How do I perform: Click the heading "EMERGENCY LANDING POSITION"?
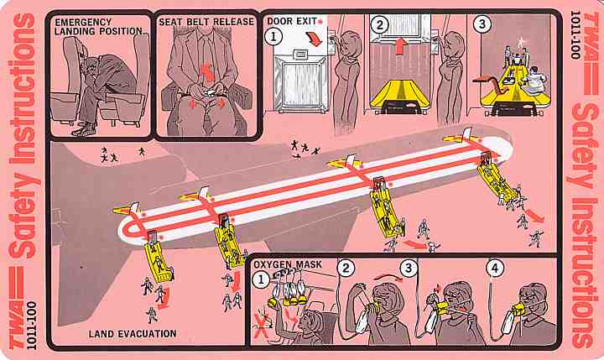(x=98, y=27)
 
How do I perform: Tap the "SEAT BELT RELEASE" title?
(x=206, y=22)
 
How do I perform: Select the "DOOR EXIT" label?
(x=292, y=21)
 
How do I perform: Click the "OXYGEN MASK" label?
(x=288, y=264)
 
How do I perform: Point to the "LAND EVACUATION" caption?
(x=133, y=334)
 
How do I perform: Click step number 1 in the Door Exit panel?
(x=273, y=37)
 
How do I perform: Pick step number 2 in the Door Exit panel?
(x=380, y=25)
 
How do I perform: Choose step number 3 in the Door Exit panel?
(x=482, y=24)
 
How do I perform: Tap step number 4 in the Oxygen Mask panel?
(x=495, y=269)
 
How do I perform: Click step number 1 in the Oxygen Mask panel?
(x=260, y=279)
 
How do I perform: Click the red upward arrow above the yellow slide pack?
(x=401, y=45)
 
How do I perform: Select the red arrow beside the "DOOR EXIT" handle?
(x=314, y=39)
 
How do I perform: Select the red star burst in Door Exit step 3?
(x=521, y=39)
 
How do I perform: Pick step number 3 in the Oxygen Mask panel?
(x=409, y=269)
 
